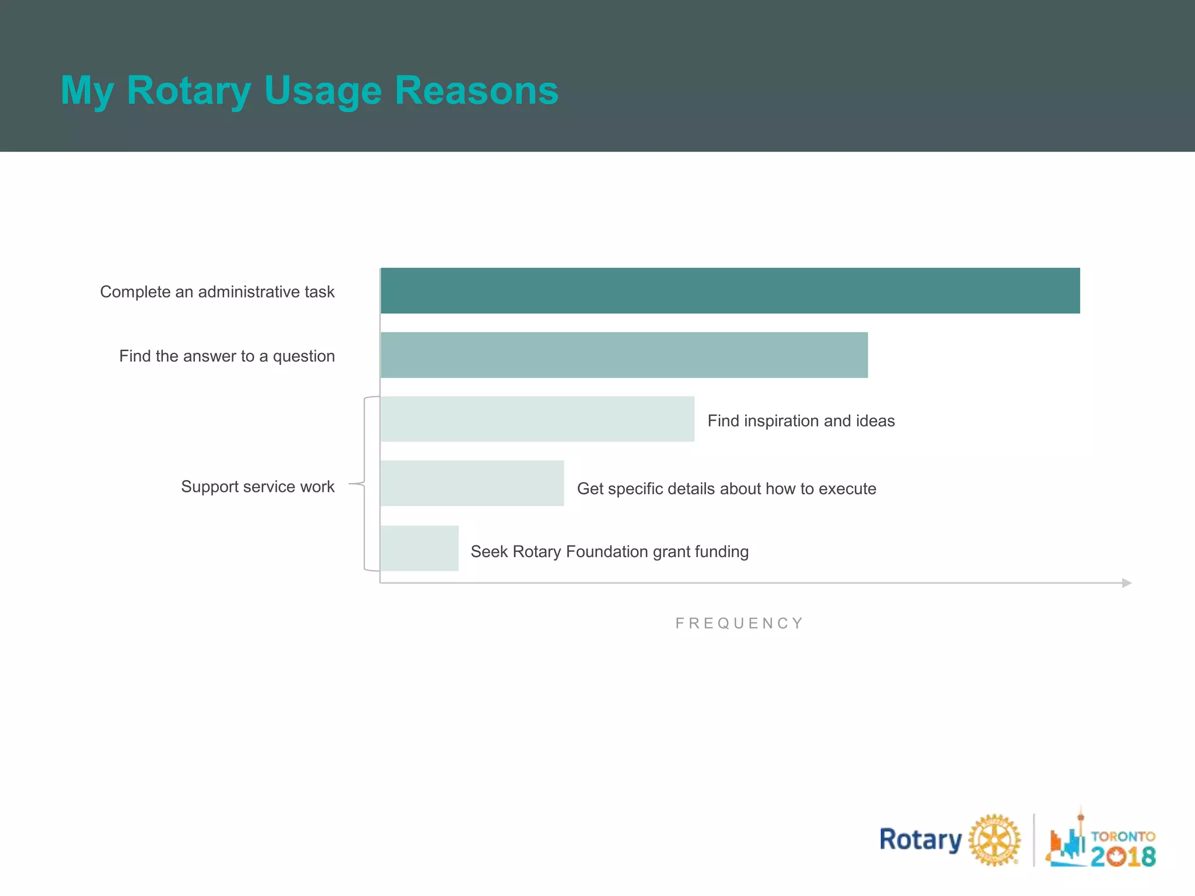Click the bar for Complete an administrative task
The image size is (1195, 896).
click(729, 290)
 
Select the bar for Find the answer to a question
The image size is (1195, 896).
click(624, 355)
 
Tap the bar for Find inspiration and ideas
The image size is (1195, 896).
click(537, 419)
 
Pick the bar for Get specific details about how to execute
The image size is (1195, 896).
click(471, 483)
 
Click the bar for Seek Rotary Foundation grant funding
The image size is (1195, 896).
click(419, 548)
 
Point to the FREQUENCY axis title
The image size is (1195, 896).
click(739, 623)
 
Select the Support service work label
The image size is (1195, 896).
click(257, 487)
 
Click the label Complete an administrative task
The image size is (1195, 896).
click(217, 292)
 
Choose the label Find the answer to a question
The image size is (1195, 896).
click(227, 356)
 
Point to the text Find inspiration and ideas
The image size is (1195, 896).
click(801, 421)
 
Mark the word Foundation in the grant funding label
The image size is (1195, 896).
click(607, 551)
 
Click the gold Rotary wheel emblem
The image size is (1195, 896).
click(994, 840)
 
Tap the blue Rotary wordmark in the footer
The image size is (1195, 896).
click(920, 840)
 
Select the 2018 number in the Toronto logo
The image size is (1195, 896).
click(1123, 856)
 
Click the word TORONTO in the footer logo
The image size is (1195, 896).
click(1123, 836)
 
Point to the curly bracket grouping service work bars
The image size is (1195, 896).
click(364, 484)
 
